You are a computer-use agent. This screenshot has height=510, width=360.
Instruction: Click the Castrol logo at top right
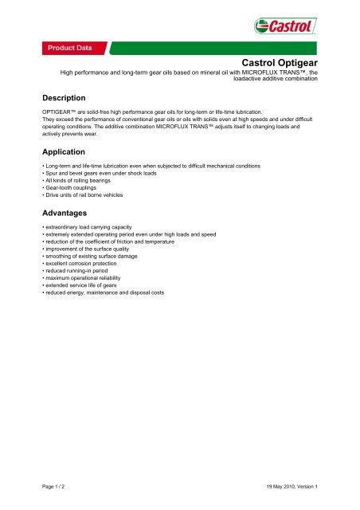coord(289,29)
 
